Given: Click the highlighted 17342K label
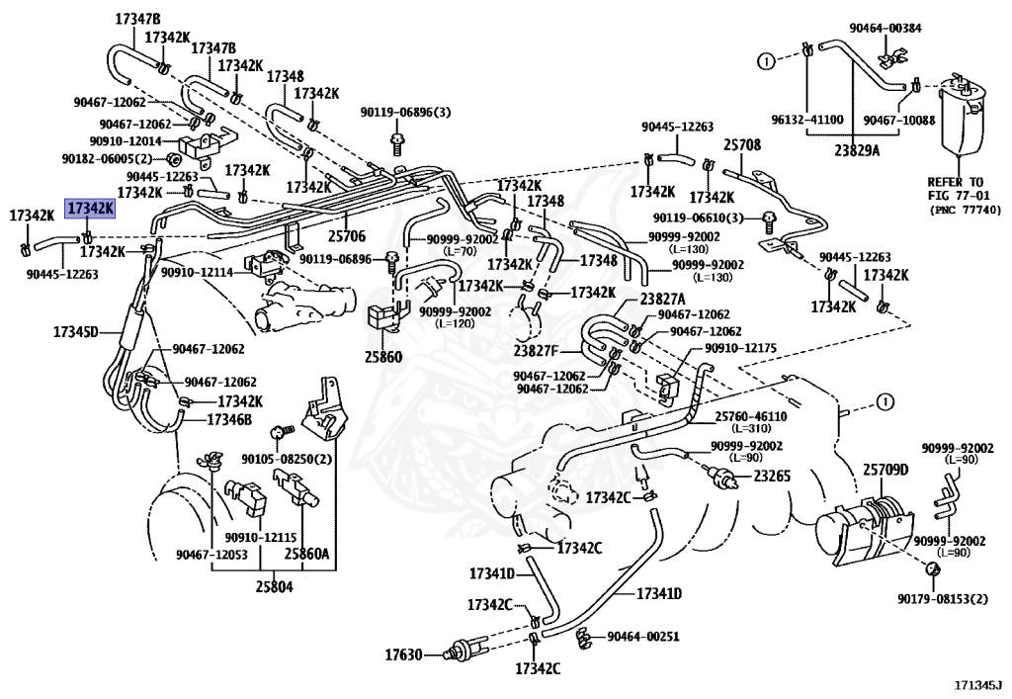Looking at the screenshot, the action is (x=90, y=209).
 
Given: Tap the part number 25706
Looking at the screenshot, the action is (x=347, y=235).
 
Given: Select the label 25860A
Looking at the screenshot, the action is (x=307, y=554).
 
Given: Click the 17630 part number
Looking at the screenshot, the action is (x=403, y=655).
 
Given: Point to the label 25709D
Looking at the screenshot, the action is (x=885, y=470).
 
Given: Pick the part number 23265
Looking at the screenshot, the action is (x=772, y=477).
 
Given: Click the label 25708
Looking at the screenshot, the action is (x=742, y=144).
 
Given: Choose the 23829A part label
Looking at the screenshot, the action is (x=857, y=150).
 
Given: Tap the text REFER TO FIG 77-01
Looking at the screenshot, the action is (x=956, y=189).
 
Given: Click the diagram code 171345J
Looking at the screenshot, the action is (x=979, y=683).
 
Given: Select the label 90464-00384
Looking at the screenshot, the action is (x=885, y=28).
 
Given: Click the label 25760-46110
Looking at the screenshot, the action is (x=751, y=416).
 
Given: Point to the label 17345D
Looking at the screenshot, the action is (x=75, y=332).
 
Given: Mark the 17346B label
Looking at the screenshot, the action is (x=229, y=420).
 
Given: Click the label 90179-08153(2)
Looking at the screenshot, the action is (x=942, y=599).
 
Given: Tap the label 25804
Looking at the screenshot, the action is (x=274, y=586).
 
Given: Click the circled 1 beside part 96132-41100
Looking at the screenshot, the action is (x=766, y=61).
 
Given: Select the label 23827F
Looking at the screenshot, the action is (x=537, y=352).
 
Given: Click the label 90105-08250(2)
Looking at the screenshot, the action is (x=287, y=459).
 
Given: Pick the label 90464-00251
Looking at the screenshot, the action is (x=642, y=637).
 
